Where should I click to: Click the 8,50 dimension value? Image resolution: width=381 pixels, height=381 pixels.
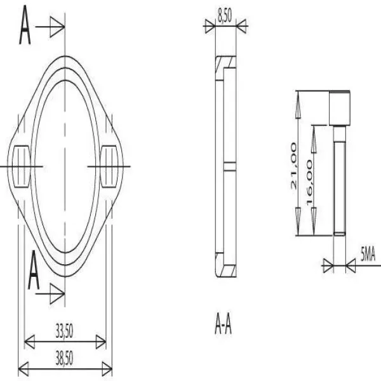[x=224, y=16]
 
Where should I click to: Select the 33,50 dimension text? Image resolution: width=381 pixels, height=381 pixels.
[x=64, y=331]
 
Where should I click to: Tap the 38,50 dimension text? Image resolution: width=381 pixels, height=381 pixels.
[x=64, y=358]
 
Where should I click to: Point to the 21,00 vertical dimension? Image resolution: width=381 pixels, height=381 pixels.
[x=294, y=166]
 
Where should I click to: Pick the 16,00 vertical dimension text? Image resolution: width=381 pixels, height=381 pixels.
[x=310, y=182]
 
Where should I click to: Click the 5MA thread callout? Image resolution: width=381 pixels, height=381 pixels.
[x=368, y=255]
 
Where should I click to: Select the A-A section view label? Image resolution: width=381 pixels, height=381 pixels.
[x=224, y=323]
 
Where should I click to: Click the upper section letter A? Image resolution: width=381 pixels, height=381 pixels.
[x=25, y=25]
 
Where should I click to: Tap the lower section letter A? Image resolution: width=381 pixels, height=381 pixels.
[x=34, y=271]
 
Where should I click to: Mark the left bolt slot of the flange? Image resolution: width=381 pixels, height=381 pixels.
[x=22, y=166]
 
